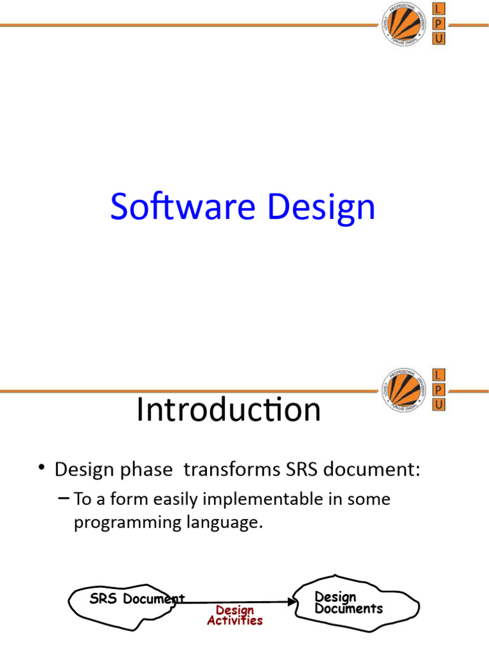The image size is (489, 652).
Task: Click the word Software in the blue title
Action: pos(183,206)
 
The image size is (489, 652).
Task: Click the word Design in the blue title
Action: pos(321,209)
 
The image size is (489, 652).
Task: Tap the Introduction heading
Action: pos(229,409)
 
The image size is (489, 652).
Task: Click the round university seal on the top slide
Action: pos(404,24)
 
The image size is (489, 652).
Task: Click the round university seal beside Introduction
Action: pos(404,390)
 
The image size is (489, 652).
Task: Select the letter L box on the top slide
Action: pos(438,9)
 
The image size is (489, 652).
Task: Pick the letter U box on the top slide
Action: pos(438,39)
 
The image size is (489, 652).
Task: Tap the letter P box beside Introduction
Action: pos(438,390)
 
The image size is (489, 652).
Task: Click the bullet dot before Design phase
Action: pos(41,467)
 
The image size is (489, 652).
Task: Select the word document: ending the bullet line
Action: pos(372,469)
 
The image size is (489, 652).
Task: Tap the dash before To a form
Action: pos(64,498)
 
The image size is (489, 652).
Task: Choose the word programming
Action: pos(127,523)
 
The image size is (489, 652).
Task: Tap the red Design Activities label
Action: pos(235,616)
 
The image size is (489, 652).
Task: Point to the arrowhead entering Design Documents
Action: pos(292,602)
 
